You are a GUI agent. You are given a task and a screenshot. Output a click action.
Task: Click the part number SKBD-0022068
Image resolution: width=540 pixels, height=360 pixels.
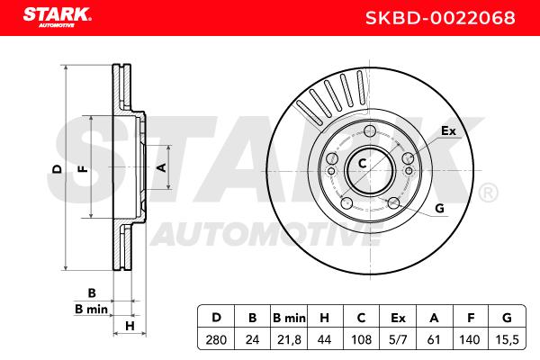coord(440,18)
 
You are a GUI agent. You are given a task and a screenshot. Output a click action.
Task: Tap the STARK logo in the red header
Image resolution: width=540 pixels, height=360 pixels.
coord(58,17)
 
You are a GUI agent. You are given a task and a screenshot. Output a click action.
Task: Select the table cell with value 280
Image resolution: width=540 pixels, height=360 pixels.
coord(216,340)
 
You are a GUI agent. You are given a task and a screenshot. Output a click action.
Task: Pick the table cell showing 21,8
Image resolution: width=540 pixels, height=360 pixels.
coord(289,340)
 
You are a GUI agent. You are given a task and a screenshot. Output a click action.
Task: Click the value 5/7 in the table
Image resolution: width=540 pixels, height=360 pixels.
coord(398,340)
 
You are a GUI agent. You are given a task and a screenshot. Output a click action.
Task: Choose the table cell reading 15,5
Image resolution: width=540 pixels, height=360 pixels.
coord(507,340)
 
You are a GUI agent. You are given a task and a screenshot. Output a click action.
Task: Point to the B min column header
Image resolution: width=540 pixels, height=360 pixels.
coord(289,318)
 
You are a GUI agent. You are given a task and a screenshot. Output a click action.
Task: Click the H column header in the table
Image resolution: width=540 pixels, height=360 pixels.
coord(325,318)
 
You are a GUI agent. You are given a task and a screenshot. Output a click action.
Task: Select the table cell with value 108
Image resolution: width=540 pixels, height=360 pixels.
coord(361,340)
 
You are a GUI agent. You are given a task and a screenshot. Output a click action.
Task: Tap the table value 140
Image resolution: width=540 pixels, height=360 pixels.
coord(471,340)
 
